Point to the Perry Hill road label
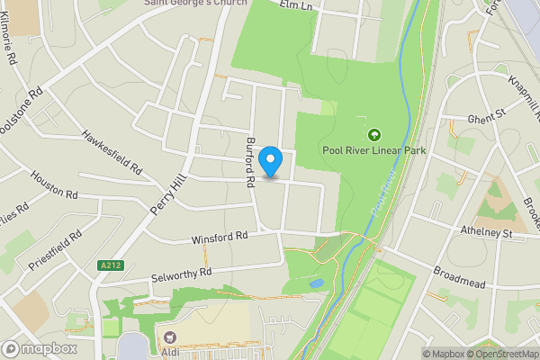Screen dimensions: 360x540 tap(167, 192)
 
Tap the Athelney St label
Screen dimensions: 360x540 tap(486, 233)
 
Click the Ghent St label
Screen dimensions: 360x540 tap(487, 116)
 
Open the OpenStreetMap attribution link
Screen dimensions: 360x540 tap(499, 354)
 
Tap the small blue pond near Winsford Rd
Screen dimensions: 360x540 tap(315, 283)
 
